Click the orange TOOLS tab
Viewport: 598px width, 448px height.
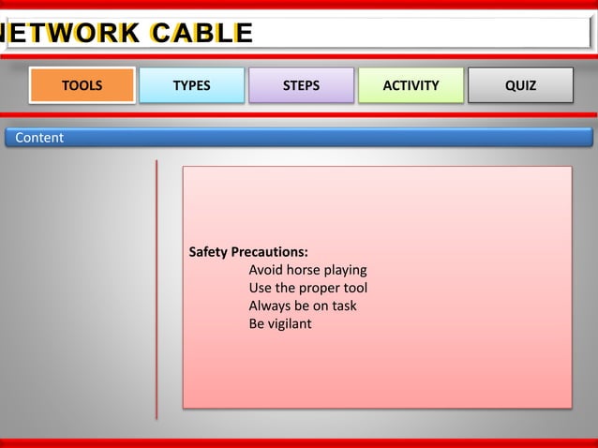(x=82, y=85)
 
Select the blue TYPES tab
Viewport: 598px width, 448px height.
(x=191, y=85)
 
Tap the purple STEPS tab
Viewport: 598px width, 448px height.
(x=301, y=85)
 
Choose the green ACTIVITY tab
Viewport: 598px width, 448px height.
(x=411, y=85)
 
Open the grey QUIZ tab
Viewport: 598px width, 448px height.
(x=520, y=85)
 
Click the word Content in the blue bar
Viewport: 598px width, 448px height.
(x=39, y=138)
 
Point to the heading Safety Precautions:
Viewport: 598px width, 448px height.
(x=248, y=252)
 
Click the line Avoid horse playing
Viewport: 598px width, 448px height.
(x=307, y=270)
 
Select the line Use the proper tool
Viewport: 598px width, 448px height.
(x=307, y=288)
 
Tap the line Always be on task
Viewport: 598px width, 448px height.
(x=302, y=306)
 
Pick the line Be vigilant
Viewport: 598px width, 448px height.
(x=279, y=323)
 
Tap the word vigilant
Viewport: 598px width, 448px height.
(x=291, y=323)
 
